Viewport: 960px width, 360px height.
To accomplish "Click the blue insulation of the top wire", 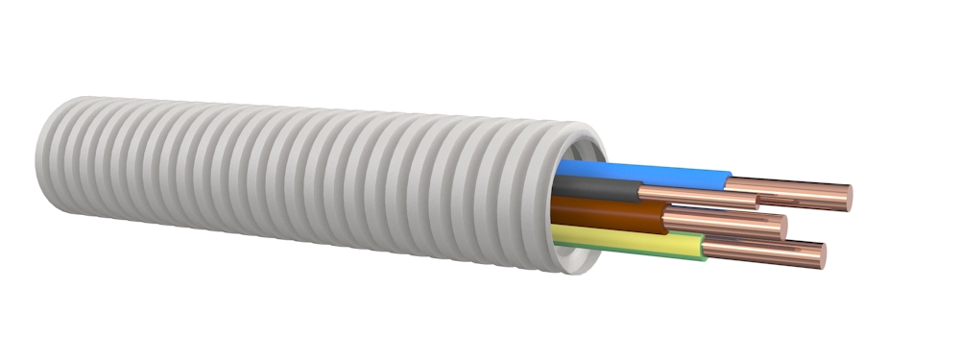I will coord(643,175).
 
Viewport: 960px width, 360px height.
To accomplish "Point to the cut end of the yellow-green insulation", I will coord(705,249).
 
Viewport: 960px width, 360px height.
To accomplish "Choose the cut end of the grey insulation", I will coord(642,192).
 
